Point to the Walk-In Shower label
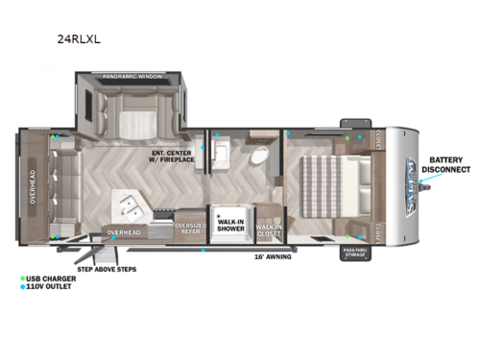point(230,225)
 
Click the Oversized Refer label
point(189,228)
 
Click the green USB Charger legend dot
point(22,278)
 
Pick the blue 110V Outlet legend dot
point(22,287)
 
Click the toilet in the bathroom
point(259,156)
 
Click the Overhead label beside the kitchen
point(124,231)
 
